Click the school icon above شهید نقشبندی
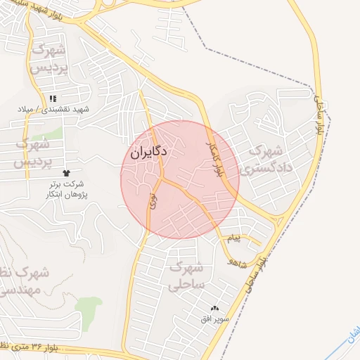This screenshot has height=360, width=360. click(x=53, y=99)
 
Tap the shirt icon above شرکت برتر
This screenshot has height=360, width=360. click(x=67, y=172)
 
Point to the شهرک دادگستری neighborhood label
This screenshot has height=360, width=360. click(x=261, y=160)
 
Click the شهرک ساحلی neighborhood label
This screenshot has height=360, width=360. click(x=186, y=276)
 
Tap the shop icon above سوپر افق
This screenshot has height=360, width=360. click(x=214, y=309)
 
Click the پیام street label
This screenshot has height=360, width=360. click(x=233, y=239)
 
